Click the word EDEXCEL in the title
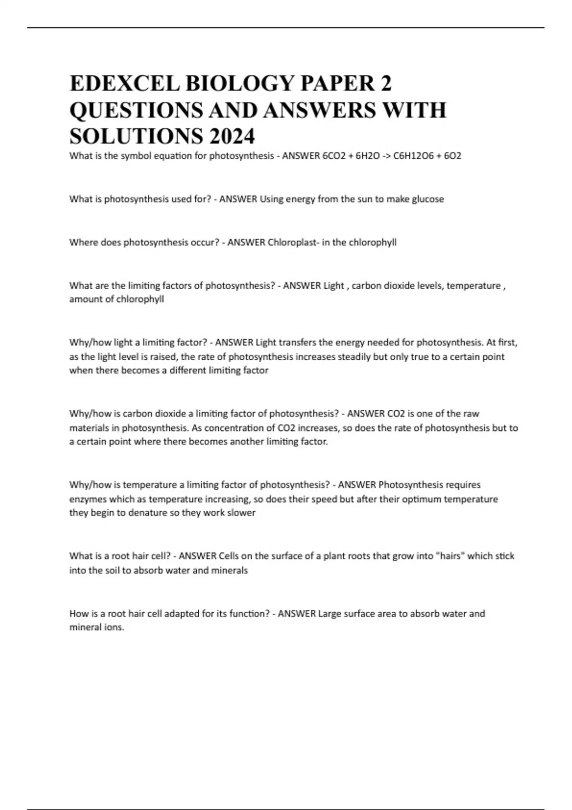point(124,83)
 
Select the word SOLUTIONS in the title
point(135,136)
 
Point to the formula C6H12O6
point(412,156)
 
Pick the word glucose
point(428,199)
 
